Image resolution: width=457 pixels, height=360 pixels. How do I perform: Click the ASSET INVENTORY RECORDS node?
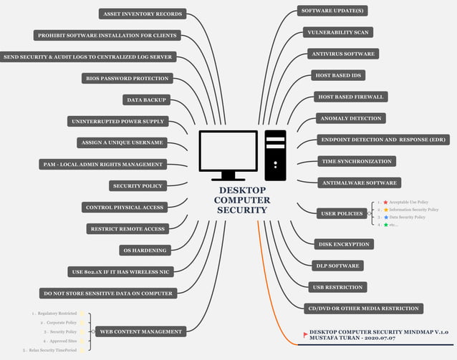click(x=142, y=14)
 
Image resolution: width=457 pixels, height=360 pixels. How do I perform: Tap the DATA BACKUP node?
click(x=145, y=99)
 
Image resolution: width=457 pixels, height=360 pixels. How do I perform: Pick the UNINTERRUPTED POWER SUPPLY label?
click(x=118, y=121)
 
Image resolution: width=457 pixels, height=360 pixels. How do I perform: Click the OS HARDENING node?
click(x=145, y=250)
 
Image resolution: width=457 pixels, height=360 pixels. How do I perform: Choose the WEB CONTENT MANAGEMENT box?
click(x=140, y=331)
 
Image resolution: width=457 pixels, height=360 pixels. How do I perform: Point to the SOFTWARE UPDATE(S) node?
click(x=333, y=11)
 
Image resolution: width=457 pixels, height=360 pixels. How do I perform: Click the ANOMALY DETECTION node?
click(x=351, y=118)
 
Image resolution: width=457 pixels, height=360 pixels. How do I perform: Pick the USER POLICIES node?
click(x=342, y=213)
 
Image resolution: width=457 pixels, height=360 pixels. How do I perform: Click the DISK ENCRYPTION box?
click(x=343, y=244)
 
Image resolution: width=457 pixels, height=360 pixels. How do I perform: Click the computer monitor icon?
click(x=228, y=155)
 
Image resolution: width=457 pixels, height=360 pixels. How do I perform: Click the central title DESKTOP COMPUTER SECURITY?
click(x=242, y=200)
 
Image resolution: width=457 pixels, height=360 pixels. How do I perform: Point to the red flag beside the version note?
click(x=305, y=334)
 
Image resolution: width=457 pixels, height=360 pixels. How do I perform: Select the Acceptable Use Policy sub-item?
click(x=408, y=203)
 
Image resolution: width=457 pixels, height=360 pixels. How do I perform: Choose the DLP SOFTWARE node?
click(x=337, y=266)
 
